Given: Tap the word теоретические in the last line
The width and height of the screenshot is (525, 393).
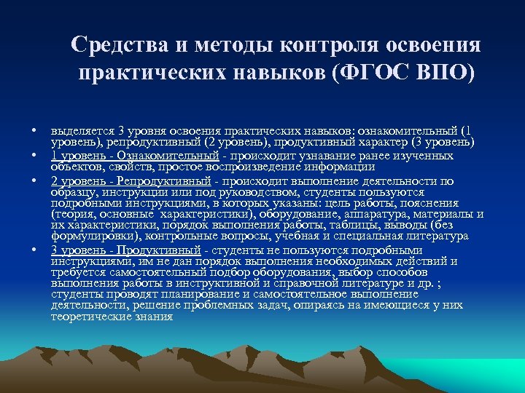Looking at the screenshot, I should [x=88, y=317].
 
